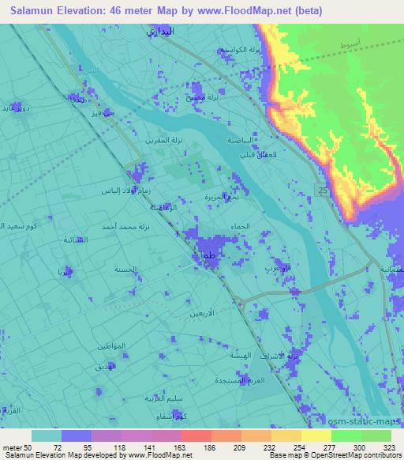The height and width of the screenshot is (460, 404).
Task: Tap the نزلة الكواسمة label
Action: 240,50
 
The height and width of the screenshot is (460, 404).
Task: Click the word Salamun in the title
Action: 33,10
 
